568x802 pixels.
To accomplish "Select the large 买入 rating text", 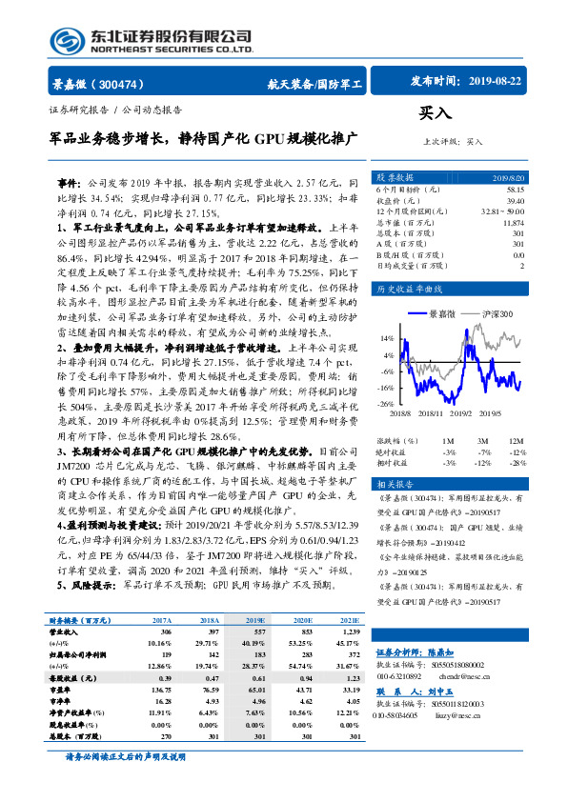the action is click(x=435, y=113).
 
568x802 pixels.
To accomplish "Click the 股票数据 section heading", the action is click(x=396, y=177).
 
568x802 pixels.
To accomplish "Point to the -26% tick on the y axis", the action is click(x=386, y=405).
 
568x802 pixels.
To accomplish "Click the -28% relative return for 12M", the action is click(x=515, y=464).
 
